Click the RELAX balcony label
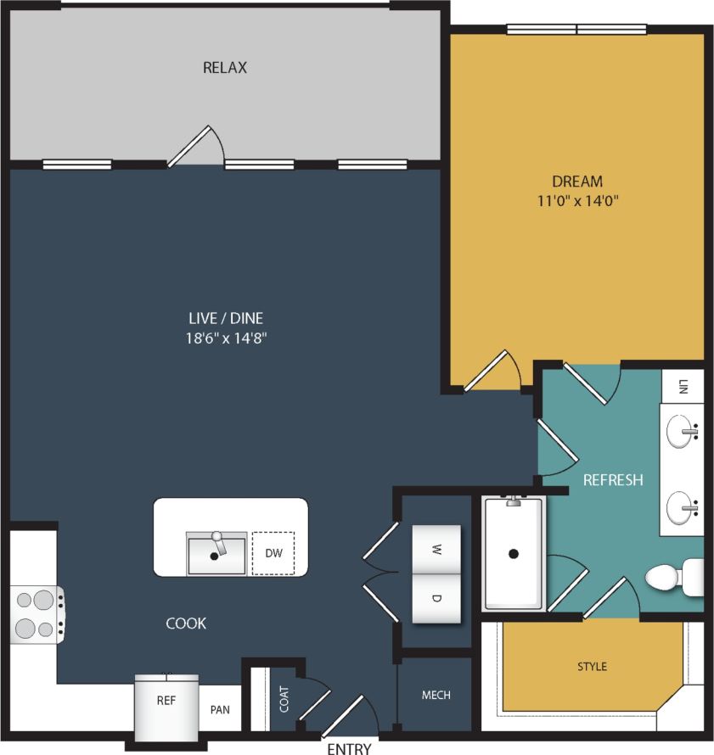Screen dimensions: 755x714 coord(225,68)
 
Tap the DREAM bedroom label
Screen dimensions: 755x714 coord(577,182)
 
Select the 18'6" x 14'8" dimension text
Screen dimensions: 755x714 coord(226,338)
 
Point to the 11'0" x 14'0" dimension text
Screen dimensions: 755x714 coord(577,202)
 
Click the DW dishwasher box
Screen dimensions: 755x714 coord(273,553)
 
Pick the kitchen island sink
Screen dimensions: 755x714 coord(216,553)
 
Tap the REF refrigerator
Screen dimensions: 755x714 coord(166,702)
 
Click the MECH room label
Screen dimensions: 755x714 coord(436,696)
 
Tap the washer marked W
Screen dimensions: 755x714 coord(436,549)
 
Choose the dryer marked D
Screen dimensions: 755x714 coord(436,598)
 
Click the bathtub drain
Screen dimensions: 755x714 coord(513,554)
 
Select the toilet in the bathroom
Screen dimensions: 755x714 coord(674,578)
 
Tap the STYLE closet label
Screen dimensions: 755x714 coord(592,667)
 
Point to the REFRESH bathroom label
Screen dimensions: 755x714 coord(613,480)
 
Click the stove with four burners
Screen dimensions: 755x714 coord(35,614)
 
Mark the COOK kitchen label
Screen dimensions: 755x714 coord(186,624)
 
